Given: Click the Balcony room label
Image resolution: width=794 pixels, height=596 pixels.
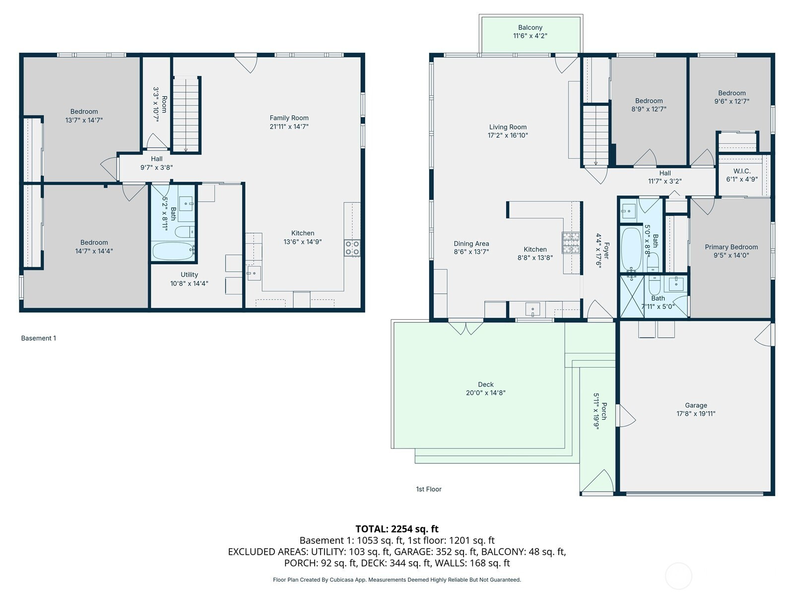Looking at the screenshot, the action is point(530,27).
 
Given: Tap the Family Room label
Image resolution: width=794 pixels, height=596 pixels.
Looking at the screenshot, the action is point(289,118).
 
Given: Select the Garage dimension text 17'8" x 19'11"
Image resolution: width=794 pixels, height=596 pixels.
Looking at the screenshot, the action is point(696,414).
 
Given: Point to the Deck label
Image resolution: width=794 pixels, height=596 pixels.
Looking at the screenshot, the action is point(485,384).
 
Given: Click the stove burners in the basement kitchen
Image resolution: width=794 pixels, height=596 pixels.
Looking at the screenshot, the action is point(352,248).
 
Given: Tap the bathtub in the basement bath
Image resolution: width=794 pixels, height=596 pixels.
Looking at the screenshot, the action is point(173,250).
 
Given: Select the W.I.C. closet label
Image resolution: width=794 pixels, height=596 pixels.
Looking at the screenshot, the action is point(742,171).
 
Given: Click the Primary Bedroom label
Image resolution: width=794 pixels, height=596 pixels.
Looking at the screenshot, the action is point(731,247).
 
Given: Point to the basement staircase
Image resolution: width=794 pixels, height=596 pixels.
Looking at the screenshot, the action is point(186,114).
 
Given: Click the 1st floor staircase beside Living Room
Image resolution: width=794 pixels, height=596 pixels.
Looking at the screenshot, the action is point(596,135).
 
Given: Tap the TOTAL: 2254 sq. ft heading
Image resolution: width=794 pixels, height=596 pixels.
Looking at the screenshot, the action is point(397,529).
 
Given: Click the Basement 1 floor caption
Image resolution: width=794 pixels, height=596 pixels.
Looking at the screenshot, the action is point(38,338).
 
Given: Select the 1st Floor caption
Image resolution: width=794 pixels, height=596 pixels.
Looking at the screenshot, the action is point(429,489).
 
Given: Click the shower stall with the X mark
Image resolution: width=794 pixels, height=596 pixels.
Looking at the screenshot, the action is point(632,297).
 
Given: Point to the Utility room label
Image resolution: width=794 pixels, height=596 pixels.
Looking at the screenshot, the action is point(189,275).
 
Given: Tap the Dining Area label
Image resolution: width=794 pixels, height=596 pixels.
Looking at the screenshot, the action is point(471,243).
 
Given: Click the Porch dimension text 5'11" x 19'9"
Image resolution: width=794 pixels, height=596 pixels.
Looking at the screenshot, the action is point(596,411).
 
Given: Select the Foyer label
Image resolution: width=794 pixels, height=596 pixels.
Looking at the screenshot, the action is point(606,250).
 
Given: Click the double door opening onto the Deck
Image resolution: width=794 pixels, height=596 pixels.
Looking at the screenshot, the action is point(466,328).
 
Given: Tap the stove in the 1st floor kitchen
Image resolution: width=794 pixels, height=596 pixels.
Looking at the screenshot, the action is point(571,242).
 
